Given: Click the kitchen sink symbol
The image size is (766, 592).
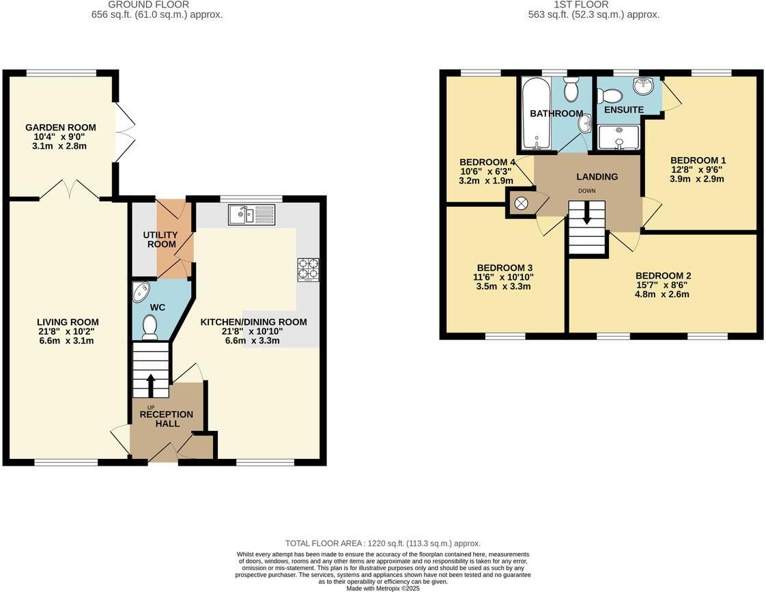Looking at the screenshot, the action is (252, 215).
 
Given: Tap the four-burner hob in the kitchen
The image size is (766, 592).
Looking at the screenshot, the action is (309, 270).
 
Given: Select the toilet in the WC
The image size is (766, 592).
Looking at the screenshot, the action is (150, 327).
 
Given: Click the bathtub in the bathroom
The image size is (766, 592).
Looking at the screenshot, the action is (536, 113).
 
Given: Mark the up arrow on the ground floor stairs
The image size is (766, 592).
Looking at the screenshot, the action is (151, 384).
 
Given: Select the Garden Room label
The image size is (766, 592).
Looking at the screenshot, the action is (61, 128).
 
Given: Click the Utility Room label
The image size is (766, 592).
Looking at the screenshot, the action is (160, 240).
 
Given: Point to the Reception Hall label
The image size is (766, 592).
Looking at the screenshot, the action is (167, 419).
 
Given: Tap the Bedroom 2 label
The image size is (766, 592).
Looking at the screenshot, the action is (664, 276).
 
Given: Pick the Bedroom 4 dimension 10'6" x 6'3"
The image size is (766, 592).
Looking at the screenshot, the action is (486, 171).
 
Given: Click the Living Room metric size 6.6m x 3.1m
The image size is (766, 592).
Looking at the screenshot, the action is (66, 341).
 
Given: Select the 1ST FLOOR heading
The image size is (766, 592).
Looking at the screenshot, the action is (582, 4).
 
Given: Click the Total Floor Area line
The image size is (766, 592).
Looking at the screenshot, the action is (383, 543).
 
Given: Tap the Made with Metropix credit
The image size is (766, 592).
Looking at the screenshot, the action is (383, 589).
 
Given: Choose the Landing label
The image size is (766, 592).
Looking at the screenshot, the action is (597, 177).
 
